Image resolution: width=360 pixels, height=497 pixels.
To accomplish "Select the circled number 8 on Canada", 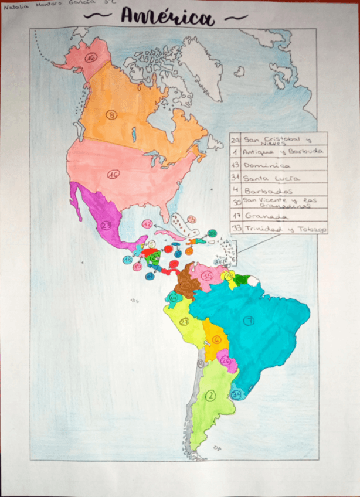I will [111, 115].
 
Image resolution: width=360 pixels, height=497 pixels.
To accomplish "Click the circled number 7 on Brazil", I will [249, 320].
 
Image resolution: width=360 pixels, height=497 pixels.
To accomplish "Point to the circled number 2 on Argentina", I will [210, 396].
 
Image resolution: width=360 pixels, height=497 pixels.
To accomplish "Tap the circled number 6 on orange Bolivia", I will [216, 339].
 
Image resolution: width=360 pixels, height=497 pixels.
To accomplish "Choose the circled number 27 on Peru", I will [184, 322].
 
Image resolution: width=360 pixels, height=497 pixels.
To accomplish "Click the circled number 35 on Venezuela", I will [206, 275].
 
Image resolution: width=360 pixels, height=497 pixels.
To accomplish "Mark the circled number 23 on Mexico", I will [106, 224].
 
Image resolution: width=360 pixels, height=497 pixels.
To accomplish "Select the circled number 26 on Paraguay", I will [226, 360].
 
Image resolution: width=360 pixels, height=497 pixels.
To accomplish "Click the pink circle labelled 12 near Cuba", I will [147, 224].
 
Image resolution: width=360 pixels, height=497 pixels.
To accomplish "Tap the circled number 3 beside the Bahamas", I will [192, 219].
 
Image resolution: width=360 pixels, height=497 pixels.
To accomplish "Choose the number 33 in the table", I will [235, 229].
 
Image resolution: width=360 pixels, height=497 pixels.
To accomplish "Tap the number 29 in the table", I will [235, 139].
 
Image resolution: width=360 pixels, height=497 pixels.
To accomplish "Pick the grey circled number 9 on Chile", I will [201, 364].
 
